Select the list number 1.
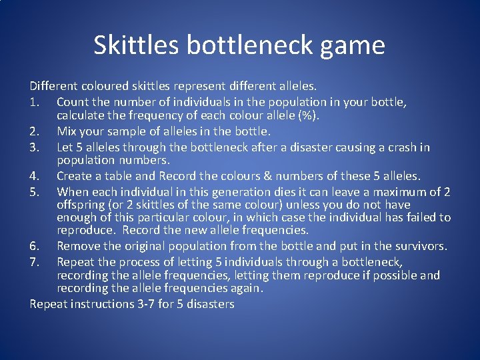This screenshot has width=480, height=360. tap(34, 103)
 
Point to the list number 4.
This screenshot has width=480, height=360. tap(35, 176)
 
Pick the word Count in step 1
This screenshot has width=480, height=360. tap(73, 103)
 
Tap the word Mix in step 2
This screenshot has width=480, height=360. tap(67, 131)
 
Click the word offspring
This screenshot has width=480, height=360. tap(83, 205)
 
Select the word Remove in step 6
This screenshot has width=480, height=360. tap(78, 246)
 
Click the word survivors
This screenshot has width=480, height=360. tap(419, 246)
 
